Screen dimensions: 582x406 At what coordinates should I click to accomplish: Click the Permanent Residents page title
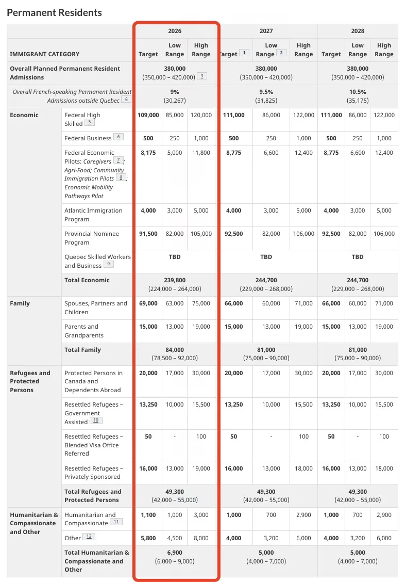click(55, 13)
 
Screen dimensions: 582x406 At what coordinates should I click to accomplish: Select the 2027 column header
click(266, 31)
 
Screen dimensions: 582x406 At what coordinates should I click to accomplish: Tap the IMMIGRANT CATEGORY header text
click(45, 54)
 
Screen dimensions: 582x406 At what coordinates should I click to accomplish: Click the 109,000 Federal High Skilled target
click(148, 115)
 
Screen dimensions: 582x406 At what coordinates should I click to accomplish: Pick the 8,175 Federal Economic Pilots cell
click(148, 153)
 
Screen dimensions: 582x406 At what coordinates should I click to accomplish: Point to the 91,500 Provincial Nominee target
click(148, 234)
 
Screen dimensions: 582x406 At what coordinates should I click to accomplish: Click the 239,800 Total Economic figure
click(175, 280)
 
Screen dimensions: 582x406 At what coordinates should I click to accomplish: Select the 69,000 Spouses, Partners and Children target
click(148, 303)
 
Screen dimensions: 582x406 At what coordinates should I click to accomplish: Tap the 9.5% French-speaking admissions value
click(266, 92)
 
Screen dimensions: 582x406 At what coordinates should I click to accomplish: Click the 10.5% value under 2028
click(358, 92)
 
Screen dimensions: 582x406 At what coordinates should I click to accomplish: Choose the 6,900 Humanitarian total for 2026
click(175, 553)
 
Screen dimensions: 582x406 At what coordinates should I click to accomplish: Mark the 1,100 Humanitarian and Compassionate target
click(148, 515)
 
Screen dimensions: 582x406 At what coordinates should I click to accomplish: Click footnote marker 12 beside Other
click(89, 537)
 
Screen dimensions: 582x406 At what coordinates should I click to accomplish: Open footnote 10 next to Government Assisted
click(96, 421)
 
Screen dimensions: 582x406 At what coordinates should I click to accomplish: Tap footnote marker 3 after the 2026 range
click(202, 76)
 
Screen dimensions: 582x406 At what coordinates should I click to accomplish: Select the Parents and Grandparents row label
click(84, 331)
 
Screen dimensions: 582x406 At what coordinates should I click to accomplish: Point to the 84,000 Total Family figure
click(175, 350)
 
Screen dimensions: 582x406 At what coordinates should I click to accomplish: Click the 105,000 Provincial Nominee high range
click(201, 234)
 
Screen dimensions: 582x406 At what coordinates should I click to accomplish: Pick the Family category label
click(21, 303)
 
